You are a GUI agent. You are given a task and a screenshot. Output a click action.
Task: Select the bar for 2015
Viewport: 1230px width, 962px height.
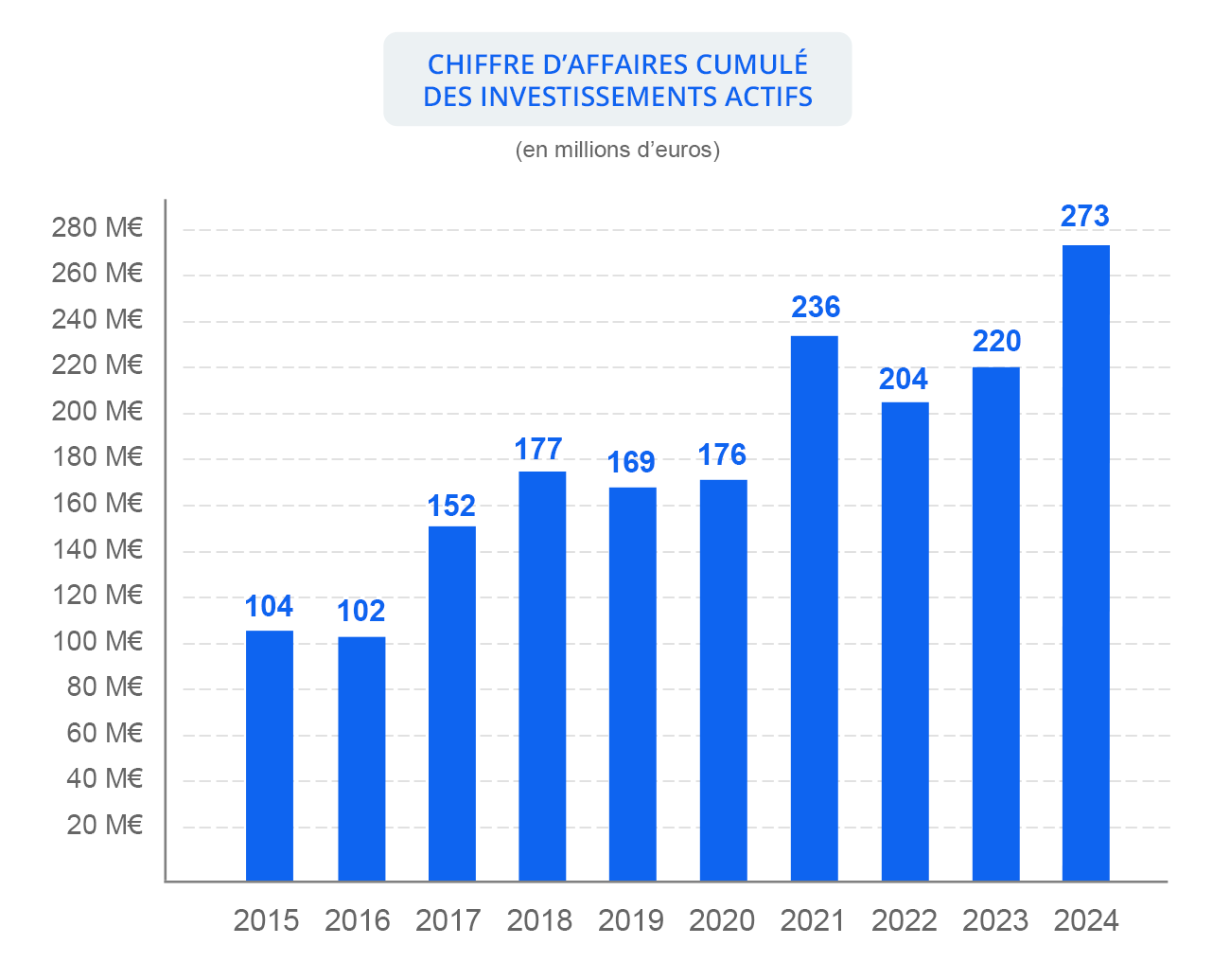270,756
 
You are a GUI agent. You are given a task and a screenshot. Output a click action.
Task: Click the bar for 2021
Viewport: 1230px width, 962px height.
815,608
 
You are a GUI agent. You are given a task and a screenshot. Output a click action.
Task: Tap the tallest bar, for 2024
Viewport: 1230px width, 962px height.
1086,562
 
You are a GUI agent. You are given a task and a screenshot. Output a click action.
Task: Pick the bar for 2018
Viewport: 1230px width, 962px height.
542,676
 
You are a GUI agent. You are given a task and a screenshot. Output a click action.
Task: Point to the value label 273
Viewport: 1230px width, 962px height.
1084,217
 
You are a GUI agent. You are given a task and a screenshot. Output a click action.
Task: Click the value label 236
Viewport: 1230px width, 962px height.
816,308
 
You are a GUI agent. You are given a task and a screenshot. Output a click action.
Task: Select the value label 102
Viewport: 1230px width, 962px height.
361,612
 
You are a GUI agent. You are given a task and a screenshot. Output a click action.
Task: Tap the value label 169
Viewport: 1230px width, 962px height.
631,463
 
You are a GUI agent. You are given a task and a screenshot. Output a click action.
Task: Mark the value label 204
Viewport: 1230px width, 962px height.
904,380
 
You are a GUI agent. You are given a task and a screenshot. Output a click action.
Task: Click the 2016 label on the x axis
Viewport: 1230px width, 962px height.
358,920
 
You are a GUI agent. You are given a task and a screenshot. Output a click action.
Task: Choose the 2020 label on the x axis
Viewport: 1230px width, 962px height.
722,920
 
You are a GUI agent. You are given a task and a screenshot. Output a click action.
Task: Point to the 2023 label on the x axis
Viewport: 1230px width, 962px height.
995,920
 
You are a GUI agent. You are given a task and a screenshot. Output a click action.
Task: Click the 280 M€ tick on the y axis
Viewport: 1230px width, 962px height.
97,228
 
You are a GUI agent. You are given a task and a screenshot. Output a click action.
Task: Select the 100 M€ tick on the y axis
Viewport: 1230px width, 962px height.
97,642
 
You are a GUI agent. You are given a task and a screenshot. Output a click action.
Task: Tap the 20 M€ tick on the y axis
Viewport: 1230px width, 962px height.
104,826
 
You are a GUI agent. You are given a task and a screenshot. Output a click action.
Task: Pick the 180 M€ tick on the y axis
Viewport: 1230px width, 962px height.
97,457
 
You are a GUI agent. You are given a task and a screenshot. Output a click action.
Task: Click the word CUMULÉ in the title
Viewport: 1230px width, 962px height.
752,64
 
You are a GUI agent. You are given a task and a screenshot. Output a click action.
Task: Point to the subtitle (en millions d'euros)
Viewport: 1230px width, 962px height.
618,151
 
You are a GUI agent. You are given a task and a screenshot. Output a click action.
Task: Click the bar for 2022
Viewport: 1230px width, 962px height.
905,642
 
